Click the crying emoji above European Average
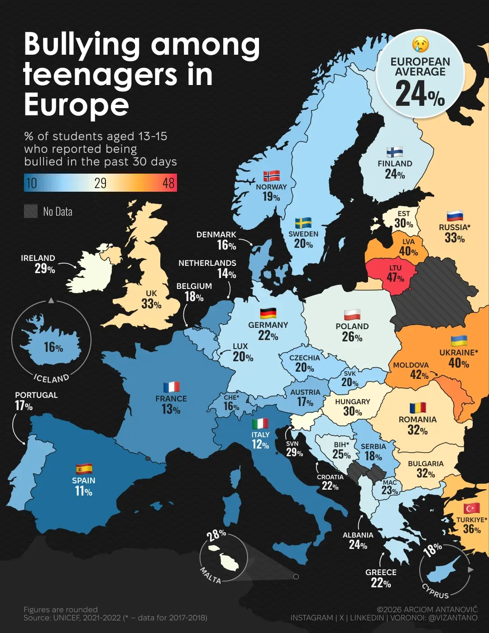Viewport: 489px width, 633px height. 420,45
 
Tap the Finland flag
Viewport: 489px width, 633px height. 395,152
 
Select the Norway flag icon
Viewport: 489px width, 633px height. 271,176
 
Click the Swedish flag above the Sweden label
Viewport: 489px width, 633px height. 303,223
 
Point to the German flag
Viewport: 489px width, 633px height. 268,313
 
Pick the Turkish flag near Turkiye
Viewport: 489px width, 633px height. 471,509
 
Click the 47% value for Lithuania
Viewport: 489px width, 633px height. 395,278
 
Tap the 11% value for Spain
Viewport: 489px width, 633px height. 83,491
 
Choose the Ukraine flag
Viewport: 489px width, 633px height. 459,341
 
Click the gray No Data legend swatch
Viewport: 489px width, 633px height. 31,211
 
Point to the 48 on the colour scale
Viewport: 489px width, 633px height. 168,183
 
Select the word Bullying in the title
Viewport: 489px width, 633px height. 81,45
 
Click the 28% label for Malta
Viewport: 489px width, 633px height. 216,535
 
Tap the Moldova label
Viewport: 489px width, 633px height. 411,365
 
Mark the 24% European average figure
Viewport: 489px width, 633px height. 420,94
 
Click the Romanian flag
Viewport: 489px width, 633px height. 417,408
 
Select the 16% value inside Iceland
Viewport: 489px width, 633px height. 53,347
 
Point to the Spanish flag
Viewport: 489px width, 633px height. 84,468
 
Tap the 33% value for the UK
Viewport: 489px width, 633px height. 151,304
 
